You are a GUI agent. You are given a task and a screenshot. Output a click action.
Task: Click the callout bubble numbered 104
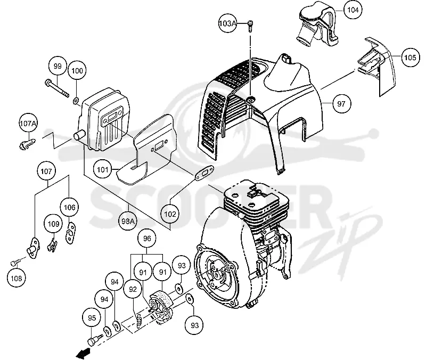pyautogui.click(x=353, y=10)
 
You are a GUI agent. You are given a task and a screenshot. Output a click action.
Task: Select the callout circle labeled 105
pyautogui.click(x=410, y=58)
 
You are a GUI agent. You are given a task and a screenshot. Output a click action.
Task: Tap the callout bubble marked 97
pyautogui.click(x=341, y=103)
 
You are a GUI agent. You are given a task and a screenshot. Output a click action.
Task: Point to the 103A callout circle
pyautogui.click(x=228, y=23)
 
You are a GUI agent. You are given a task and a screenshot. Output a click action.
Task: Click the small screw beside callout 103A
pyautogui.click(x=250, y=26)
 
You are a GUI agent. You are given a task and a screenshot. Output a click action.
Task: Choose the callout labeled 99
pyautogui.click(x=58, y=66)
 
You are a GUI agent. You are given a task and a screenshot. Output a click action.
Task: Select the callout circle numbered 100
pyautogui.click(x=77, y=71)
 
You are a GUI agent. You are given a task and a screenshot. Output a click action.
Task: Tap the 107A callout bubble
pyautogui.click(x=28, y=124)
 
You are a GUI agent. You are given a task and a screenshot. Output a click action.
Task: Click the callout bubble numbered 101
pyautogui.click(x=102, y=170)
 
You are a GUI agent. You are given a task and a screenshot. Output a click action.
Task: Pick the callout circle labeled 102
pyautogui.click(x=170, y=214)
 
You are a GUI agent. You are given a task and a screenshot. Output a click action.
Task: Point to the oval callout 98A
pyautogui.click(x=128, y=221)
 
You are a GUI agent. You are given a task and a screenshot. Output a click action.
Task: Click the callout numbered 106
pyautogui.click(x=70, y=207)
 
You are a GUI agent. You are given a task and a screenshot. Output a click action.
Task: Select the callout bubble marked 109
pyautogui.click(x=54, y=224)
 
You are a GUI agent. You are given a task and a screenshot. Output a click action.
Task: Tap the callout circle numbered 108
pyautogui.click(x=17, y=278)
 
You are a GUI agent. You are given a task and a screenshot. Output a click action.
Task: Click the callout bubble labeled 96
pyautogui.click(x=147, y=238)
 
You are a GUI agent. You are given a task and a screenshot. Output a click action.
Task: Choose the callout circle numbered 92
pyautogui.click(x=133, y=289)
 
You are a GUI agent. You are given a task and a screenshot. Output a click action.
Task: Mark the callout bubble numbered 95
pyautogui.click(x=92, y=317)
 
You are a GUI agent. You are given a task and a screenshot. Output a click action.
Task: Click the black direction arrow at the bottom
pyautogui.click(x=83, y=353)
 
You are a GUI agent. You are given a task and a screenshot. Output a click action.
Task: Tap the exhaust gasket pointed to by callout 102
pyautogui.click(x=205, y=173)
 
